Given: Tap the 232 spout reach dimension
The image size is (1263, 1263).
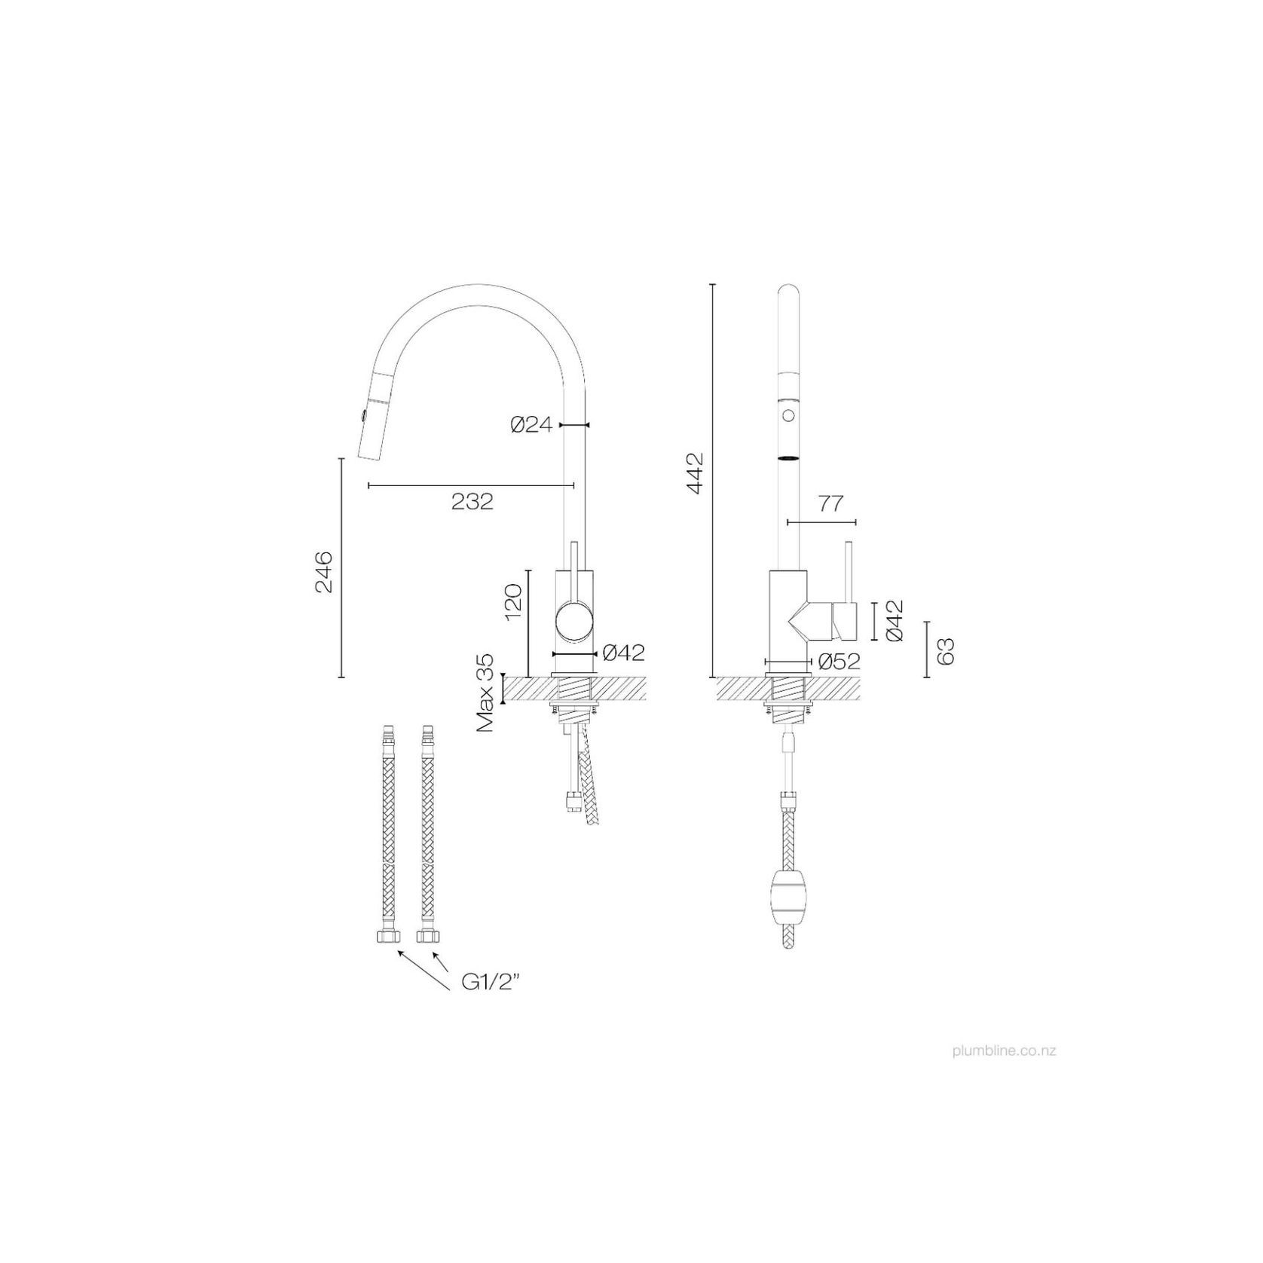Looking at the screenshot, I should (x=472, y=501).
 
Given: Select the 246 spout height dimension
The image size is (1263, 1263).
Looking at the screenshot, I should (x=324, y=571).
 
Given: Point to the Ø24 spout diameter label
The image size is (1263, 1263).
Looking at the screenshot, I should (x=531, y=425).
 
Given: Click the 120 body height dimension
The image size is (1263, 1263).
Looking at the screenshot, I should (x=512, y=601).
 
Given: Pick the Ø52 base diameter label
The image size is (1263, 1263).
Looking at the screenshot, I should (x=839, y=662).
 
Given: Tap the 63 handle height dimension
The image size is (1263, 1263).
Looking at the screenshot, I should (x=946, y=650).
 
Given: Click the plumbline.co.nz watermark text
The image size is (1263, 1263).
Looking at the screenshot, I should (x=1004, y=1050).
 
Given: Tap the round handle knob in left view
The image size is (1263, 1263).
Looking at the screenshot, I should (x=574, y=622).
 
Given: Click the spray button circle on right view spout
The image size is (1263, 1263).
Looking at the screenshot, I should (x=789, y=415).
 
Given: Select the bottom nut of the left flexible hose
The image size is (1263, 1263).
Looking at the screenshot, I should (x=384, y=936).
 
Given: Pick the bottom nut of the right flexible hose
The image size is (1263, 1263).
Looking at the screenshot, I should (x=428, y=936).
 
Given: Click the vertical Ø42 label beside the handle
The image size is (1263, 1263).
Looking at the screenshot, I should (x=895, y=620).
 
